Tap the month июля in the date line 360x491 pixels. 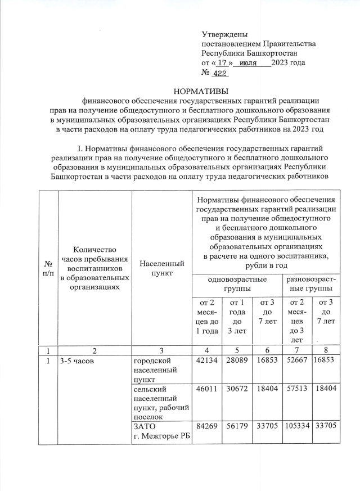[x=249, y=63]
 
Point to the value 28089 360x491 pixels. [x=236, y=360]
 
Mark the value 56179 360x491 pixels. [x=236, y=426]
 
